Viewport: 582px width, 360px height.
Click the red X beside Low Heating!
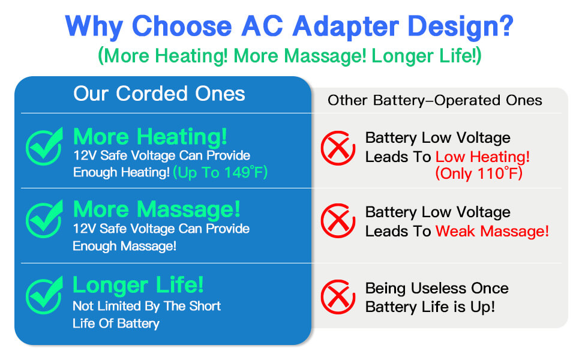pos(338,148)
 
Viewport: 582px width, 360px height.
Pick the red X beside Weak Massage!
pos(338,220)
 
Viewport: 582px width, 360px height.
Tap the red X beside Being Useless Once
pos(338,297)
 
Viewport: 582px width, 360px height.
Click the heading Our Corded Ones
pos(159,94)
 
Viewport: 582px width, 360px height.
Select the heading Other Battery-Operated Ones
pos(434,100)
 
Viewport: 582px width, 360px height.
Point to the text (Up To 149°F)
pos(220,173)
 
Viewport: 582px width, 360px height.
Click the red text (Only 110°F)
pos(479,173)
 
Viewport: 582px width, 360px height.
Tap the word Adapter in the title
pos(346,26)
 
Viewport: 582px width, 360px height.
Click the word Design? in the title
pos(460,26)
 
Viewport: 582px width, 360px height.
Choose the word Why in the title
pos(94,26)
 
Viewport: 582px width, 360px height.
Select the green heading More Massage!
pos(157,209)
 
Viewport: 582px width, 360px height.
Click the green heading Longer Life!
pos(138,285)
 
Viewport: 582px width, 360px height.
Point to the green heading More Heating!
pos(150,137)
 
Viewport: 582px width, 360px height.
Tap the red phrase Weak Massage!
pos(492,231)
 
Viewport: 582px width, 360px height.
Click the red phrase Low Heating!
pos(482,157)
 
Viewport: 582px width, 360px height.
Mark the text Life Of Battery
pos(116,323)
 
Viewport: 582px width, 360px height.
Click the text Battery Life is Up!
pos(430,307)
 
